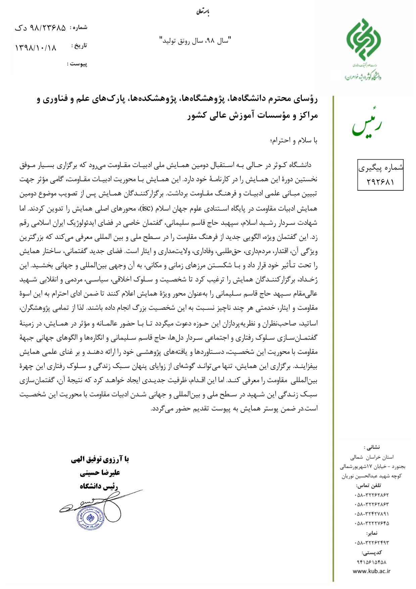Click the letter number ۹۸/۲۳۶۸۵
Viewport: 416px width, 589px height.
(x=47, y=28)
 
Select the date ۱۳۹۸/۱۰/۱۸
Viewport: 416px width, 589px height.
(x=36, y=48)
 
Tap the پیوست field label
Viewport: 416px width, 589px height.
(x=77, y=64)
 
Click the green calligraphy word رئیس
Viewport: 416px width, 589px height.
(x=367, y=124)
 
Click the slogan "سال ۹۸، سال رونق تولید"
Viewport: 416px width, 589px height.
(x=195, y=41)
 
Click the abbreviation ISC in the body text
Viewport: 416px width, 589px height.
(x=146, y=208)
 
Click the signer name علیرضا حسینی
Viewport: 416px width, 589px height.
(x=100, y=473)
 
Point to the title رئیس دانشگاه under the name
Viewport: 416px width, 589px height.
(x=99, y=486)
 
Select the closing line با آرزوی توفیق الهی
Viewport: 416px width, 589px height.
(x=100, y=459)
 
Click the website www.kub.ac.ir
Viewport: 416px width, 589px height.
(x=371, y=571)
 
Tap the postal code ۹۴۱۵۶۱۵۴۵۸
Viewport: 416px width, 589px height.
(x=371, y=562)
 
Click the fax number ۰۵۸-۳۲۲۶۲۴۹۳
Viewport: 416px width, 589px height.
(x=371, y=543)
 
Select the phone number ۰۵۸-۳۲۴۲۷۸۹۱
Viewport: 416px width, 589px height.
(x=371, y=514)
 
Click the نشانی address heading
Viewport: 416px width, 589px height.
(x=371, y=447)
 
